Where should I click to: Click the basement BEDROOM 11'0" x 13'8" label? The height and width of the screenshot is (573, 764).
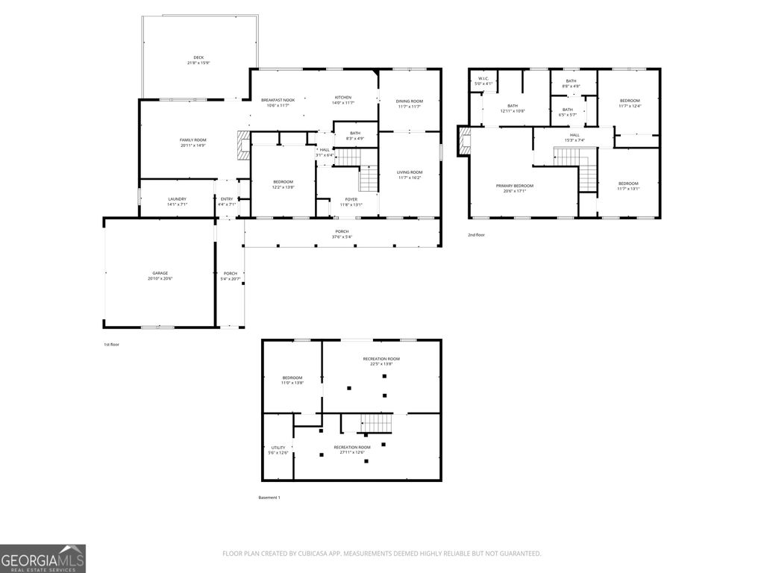(x=292, y=380)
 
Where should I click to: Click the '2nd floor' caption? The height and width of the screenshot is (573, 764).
(x=476, y=235)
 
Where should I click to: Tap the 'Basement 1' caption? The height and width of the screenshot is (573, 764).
(x=269, y=497)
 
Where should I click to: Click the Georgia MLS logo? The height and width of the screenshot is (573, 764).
(x=43, y=558)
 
